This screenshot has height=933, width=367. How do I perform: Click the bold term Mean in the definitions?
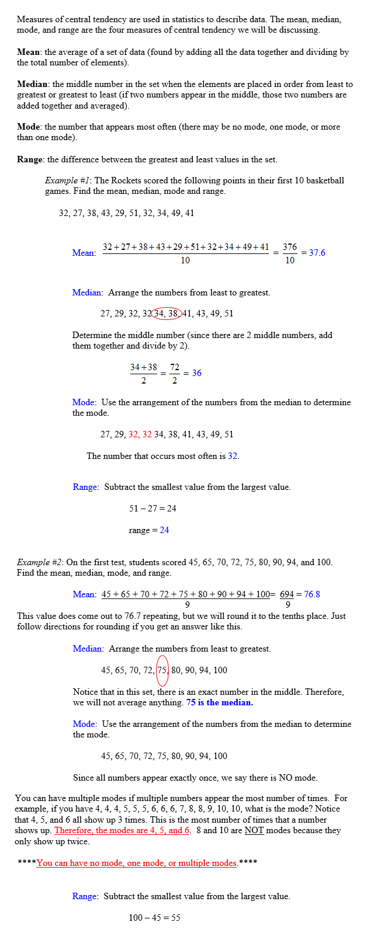pyautogui.click(x=28, y=52)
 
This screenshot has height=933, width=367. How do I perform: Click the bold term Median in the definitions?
pyautogui.click(x=32, y=84)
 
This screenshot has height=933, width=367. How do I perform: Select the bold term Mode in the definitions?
pyautogui.click(x=28, y=127)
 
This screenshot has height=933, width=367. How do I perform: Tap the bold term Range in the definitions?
pyautogui.click(x=30, y=159)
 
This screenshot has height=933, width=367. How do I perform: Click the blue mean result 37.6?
pyautogui.click(x=317, y=253)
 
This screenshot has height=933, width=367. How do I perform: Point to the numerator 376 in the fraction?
pyautogui.click(x=290, y=247)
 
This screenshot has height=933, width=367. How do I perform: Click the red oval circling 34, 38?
pyautogui.click(x=167, y=314)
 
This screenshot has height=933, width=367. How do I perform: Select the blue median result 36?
pyautogui.click(x=196, y=373)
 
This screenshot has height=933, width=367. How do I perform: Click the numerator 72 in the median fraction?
pyautogui.click(x=175, y=367)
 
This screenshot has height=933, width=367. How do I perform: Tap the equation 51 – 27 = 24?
pyautogui.click(x=153, y=509)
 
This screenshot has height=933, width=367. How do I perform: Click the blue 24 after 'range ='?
pyautogui.click(x=164, y=530)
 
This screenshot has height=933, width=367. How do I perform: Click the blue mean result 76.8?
pyautogui.click(x=312, y=594)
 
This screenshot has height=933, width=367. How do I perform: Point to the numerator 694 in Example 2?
pyautogui.click(x=287, y=594)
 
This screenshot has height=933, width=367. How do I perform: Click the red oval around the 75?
pyautogui.click(x=162, y=670)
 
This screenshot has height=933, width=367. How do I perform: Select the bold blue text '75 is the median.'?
pyautogui.click(x=219, y=702)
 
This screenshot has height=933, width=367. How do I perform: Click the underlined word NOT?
pyautogui.click(x=254, y=830)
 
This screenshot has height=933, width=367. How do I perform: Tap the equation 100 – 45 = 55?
pyautogui.click(x=154, y=918)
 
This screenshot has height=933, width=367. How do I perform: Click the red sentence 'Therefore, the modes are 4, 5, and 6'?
pyautogui.click(x=122, y=830)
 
